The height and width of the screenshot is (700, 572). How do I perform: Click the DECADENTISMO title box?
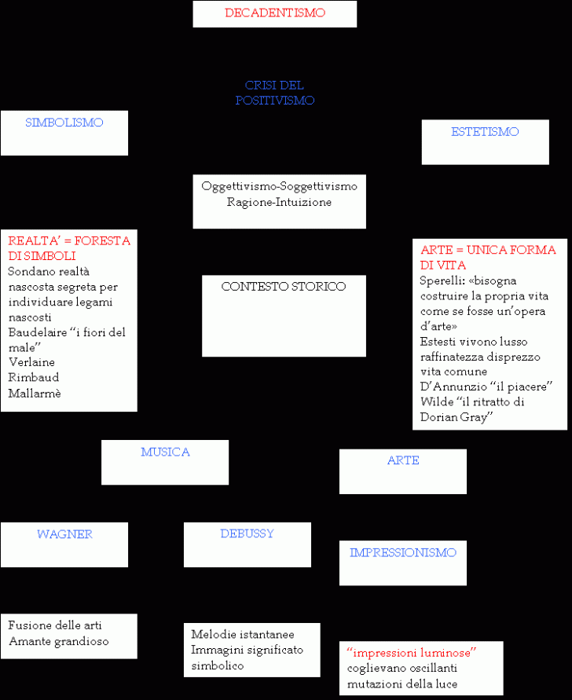click(275, 14)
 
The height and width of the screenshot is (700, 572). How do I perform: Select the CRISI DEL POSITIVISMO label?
click(275, 93)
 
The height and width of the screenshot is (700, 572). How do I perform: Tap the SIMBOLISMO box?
click(64, 133)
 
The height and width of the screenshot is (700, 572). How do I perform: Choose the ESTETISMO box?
click(486, 142)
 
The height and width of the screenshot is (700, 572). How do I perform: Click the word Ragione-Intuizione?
click(279, 202)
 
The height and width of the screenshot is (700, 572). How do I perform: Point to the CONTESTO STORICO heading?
click(284, 286)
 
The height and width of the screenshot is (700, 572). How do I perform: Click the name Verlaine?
click(31, 362)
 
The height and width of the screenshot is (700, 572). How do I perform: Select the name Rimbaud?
click(34, 377)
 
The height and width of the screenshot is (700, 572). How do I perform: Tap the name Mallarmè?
click(35, 393)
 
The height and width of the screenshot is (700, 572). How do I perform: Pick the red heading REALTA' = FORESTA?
click(69, 240)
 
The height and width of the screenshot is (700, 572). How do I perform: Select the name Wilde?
click(437, 401)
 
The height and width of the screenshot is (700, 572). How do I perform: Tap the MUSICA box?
click(165, 463)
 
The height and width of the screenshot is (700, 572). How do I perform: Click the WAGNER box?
click(64, 544)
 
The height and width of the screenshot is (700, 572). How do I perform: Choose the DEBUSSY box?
click(247, 544)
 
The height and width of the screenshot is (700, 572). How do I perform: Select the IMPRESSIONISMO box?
click(403, 563)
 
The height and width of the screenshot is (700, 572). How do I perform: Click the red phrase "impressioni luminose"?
click(411, 653)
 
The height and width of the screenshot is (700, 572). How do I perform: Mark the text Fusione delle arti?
click(55, 625)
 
